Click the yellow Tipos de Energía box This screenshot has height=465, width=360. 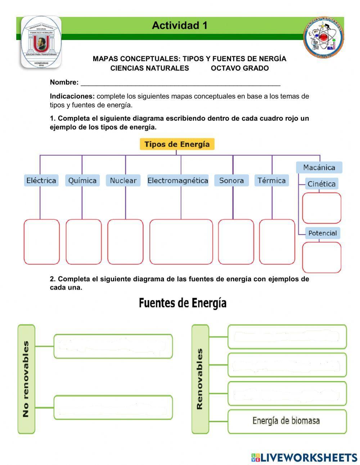[x=177, y=144]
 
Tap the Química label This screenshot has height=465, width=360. [x=82, y=180]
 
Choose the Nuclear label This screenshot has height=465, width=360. [x=123, y=180]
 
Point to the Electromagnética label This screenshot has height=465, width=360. [x=178, y=180]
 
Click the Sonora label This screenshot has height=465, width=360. [x=231, y=180]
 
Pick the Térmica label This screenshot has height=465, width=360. [x=272, y=180]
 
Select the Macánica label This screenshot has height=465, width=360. [x=319, y=167]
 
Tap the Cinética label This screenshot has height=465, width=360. [x=321, y=184]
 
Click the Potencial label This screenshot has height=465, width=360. [x=323, y=233]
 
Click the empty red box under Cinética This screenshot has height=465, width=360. [x=321, y=208]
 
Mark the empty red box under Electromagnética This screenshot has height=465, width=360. [x=181, y=242]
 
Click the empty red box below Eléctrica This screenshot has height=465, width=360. [x=42, y=242]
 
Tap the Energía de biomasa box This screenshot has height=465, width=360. [x=287, y=421]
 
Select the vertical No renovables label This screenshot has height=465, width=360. [x=26, y=379]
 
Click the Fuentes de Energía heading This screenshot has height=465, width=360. [x=183, y=303]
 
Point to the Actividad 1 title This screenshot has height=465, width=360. [x=180, y=26]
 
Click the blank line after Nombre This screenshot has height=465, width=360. [x=180, y=83]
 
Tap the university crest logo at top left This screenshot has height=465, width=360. [x=41, y=42]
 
